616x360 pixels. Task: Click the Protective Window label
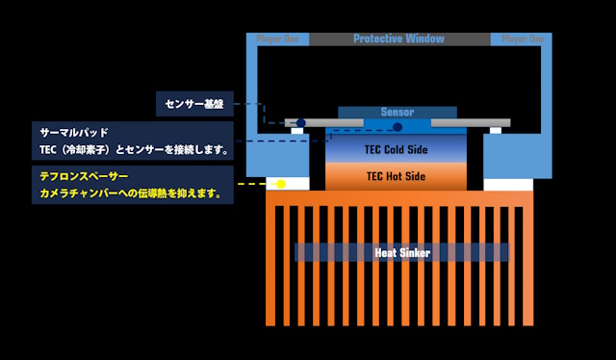[x=398, y=39]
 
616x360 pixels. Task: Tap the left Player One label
[x=278, y=39]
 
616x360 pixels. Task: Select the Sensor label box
[x=397, y=112]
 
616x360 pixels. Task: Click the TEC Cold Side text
[x=397, y=150]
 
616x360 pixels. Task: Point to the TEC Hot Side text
[x=397, y=177]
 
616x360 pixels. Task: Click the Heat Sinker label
[x=401, y=252]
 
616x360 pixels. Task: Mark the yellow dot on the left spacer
[x=281, y=183]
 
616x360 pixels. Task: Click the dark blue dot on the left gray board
[x=300, y=123]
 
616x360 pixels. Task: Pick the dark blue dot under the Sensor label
[x=398, y=126]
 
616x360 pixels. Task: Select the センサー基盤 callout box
[x=194, y=102]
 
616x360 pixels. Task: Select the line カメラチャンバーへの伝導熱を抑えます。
[x=131, y=194]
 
